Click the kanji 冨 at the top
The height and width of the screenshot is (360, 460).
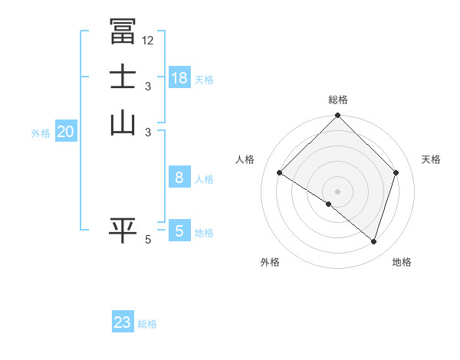click(122, 31)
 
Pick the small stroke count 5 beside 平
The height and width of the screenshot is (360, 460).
click(148, 240)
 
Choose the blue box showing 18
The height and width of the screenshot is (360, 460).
click(179, 77)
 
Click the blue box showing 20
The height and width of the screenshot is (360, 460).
click(65, 132)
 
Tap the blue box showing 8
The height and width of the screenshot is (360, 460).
click(179, 178)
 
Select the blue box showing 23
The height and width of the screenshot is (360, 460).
click(123, 322)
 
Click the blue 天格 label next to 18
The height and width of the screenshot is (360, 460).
click(204, 79)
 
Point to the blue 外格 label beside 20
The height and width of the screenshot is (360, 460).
click(41, 133)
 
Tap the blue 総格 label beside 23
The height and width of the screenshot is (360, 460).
click(147, 324)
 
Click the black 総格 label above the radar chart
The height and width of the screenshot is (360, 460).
click(338, 100)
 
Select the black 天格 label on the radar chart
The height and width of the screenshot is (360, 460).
click(432, 159)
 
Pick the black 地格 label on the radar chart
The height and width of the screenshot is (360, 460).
click(402, 262)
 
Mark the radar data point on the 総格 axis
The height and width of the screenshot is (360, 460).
click(338, 116)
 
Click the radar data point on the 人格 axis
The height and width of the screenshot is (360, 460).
click(280, 172)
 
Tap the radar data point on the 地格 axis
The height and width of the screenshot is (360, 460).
click(373, 241)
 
